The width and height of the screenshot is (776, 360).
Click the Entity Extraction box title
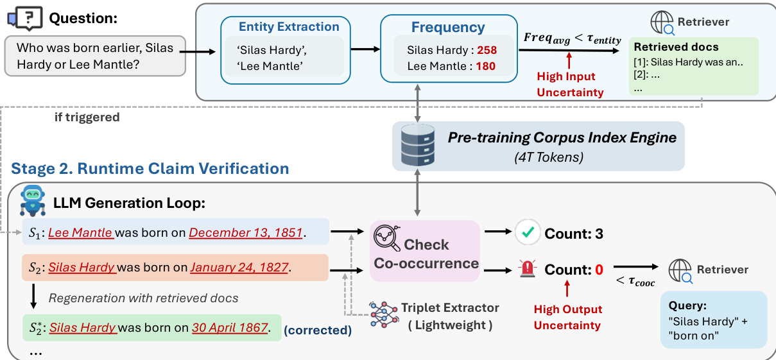[289, 27]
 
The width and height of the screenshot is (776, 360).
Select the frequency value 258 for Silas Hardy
[487, 50]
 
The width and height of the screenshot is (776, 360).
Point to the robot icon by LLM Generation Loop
[33, 200]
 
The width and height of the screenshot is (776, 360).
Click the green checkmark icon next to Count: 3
[528, 234]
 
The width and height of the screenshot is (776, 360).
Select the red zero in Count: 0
[599, 270]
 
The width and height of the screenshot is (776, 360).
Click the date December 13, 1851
[245, 232]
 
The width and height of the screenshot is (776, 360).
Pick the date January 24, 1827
[239, 267]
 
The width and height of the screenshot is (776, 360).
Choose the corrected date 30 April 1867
[229, 327]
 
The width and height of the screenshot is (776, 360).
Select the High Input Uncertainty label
[570, 85]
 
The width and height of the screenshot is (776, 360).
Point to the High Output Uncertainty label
[567, 317]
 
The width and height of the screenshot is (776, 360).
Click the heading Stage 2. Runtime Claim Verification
[150, 169]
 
